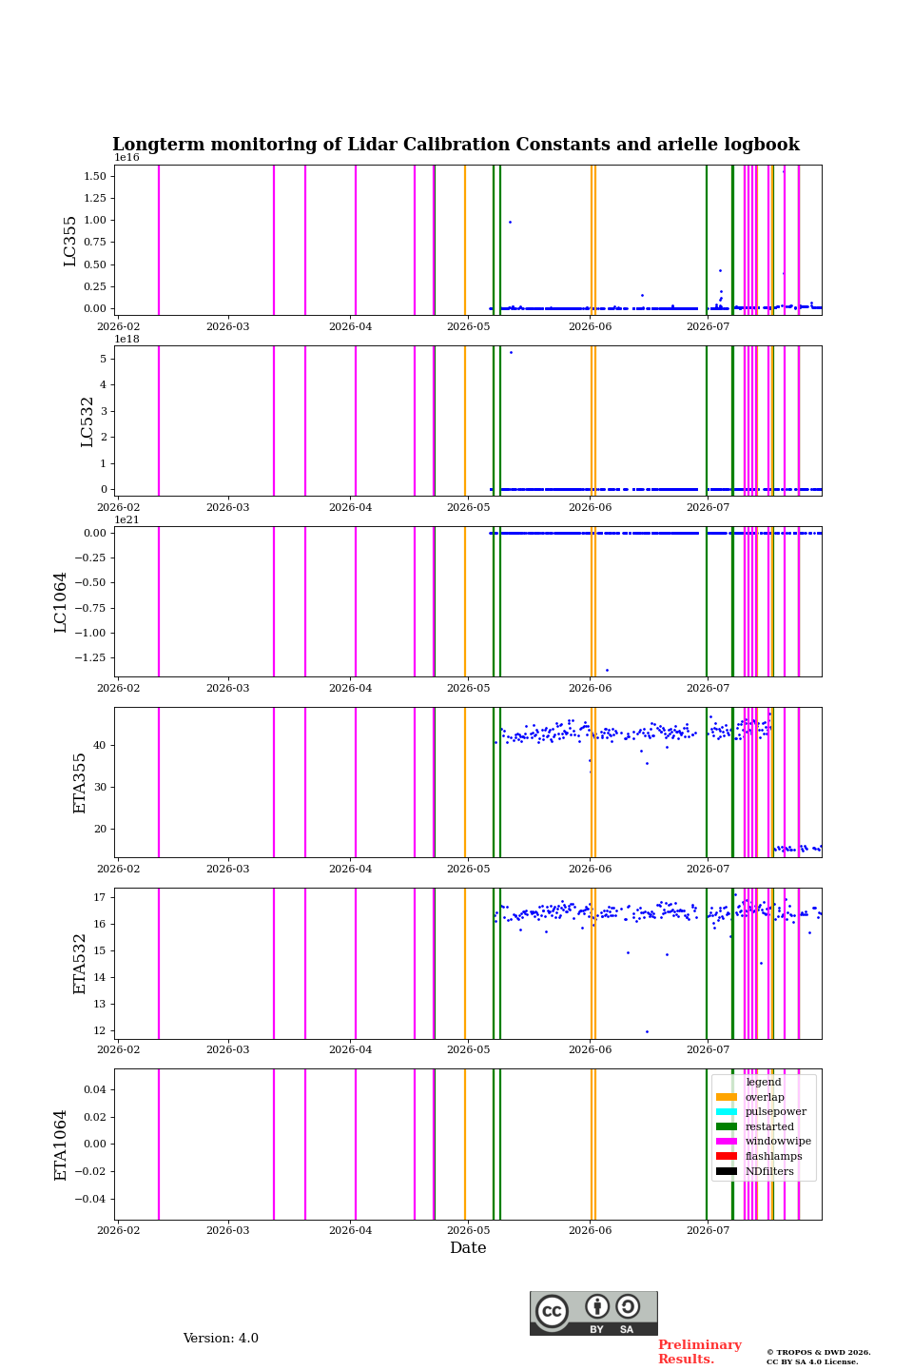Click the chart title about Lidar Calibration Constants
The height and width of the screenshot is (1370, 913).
(456, 145)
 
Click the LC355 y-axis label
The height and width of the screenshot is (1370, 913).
(69, 241)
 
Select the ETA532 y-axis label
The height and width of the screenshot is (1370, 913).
(80, 964)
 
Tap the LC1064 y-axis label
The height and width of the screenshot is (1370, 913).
(60, 602)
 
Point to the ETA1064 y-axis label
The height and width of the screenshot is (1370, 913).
(60, 1145)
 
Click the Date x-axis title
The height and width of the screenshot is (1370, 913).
(468, 1247)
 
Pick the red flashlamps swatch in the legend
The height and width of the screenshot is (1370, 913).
(727, 1156)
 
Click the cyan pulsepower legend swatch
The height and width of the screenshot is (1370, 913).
(727, 1111)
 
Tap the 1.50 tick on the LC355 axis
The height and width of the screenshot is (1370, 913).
(95, 176)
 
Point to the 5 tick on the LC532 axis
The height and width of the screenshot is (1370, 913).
(104, 359)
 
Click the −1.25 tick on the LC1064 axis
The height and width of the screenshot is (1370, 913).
(90, 657)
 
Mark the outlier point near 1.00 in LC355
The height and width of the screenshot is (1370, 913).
(510, 222)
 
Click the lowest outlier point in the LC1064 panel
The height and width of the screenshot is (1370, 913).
(607, 671)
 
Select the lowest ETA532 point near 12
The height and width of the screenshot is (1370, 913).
(647, 1031)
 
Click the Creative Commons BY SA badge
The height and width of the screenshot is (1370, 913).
(593, 1313)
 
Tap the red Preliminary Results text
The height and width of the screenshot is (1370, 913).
(700, 1352)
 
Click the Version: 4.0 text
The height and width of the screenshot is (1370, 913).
(221, 1339)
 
